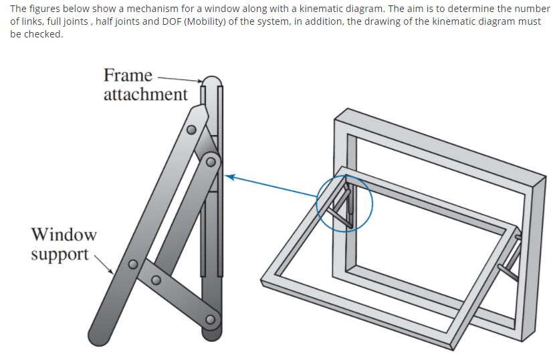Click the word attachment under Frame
click(x=145, y=94)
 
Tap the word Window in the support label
click(x=64, y=235)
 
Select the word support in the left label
click(x=60, y=254)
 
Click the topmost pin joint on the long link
click(x=191, y=130)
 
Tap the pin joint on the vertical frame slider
click(x=212, y=161)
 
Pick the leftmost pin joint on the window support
click(x=133, y=264)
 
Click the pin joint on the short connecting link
click(x=156, y=279)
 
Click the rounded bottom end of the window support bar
click(x=99, y=335)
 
